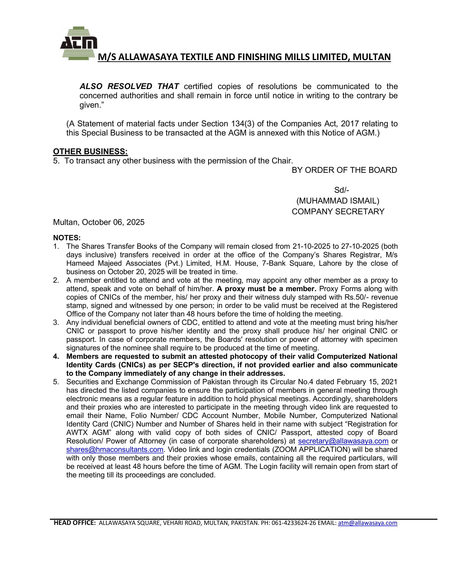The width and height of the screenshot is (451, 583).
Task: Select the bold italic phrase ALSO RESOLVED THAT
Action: [x=129, y=87]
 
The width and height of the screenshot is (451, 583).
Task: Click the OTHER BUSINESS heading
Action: [x=90, y=152]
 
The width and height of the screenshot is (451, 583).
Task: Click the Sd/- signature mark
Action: [x=342, y=190]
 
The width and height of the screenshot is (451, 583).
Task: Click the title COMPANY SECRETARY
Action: [x=338, y=211]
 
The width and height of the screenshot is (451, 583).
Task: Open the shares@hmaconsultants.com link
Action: [x=115, y=450]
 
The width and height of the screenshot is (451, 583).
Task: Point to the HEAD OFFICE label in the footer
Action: [x=74, y=523]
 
